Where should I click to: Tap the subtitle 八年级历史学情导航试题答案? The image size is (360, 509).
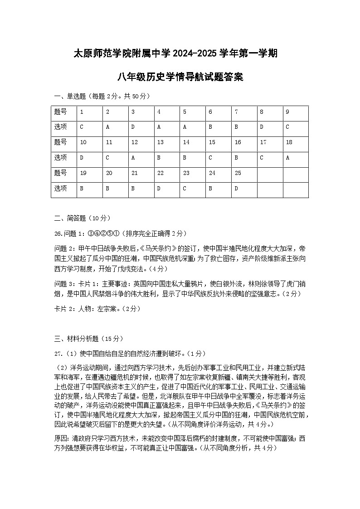[x=180, y=77]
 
